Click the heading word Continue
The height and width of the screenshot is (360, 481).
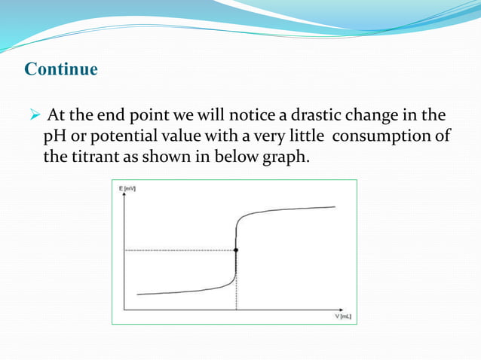pyautogui.click(x=61, y=70)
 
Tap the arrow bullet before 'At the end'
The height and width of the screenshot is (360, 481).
pyautogui.click(x=35, y=117)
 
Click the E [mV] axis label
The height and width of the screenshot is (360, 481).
pyautogui.click(x=127, y=186)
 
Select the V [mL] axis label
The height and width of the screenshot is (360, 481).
pyautogui.click(x=343, y=316)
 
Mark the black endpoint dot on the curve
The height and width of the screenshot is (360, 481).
pyautogui.click(x=236, y=249)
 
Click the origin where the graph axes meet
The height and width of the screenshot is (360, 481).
pyautogui.click(x=123, y=309)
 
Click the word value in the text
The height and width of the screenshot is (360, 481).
pyautogui.click(x=193, y=138)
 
